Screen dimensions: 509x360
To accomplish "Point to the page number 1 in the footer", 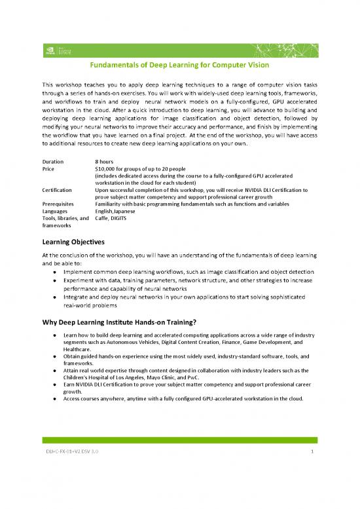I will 314,470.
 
